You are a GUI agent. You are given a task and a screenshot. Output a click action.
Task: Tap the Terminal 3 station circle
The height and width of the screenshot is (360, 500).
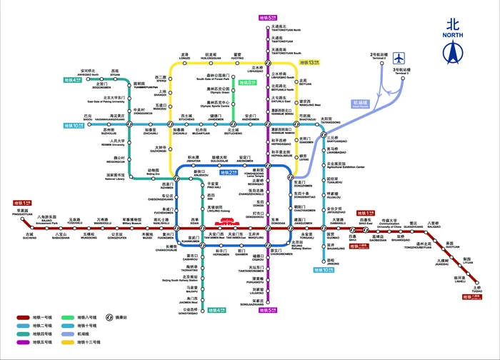[403, 79]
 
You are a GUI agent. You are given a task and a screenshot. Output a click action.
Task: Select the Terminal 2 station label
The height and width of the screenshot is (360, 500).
[379, 56]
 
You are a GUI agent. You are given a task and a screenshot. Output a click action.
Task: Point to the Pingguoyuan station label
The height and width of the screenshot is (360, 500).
[13, 213]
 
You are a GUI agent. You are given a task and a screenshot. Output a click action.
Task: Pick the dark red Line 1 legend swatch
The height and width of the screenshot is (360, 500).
[23, 317]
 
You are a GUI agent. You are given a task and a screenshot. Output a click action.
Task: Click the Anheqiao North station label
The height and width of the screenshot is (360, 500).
[89, 72]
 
